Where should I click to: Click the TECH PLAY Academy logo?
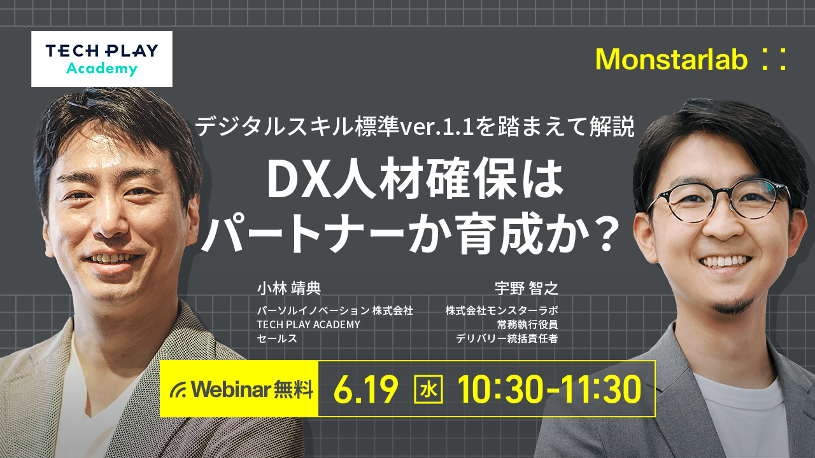[x=102, y=59]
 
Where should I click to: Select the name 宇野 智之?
[x=526, y=289]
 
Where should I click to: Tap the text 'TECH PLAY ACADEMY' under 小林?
[x=308, y=324]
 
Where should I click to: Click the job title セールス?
[x=277, y=338]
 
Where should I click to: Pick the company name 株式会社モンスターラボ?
[x=502, y=310]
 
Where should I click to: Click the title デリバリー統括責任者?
[x=506, y=338]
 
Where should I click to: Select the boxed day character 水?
[x=429, y=389]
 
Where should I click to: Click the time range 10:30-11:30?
[x=549, y=389]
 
